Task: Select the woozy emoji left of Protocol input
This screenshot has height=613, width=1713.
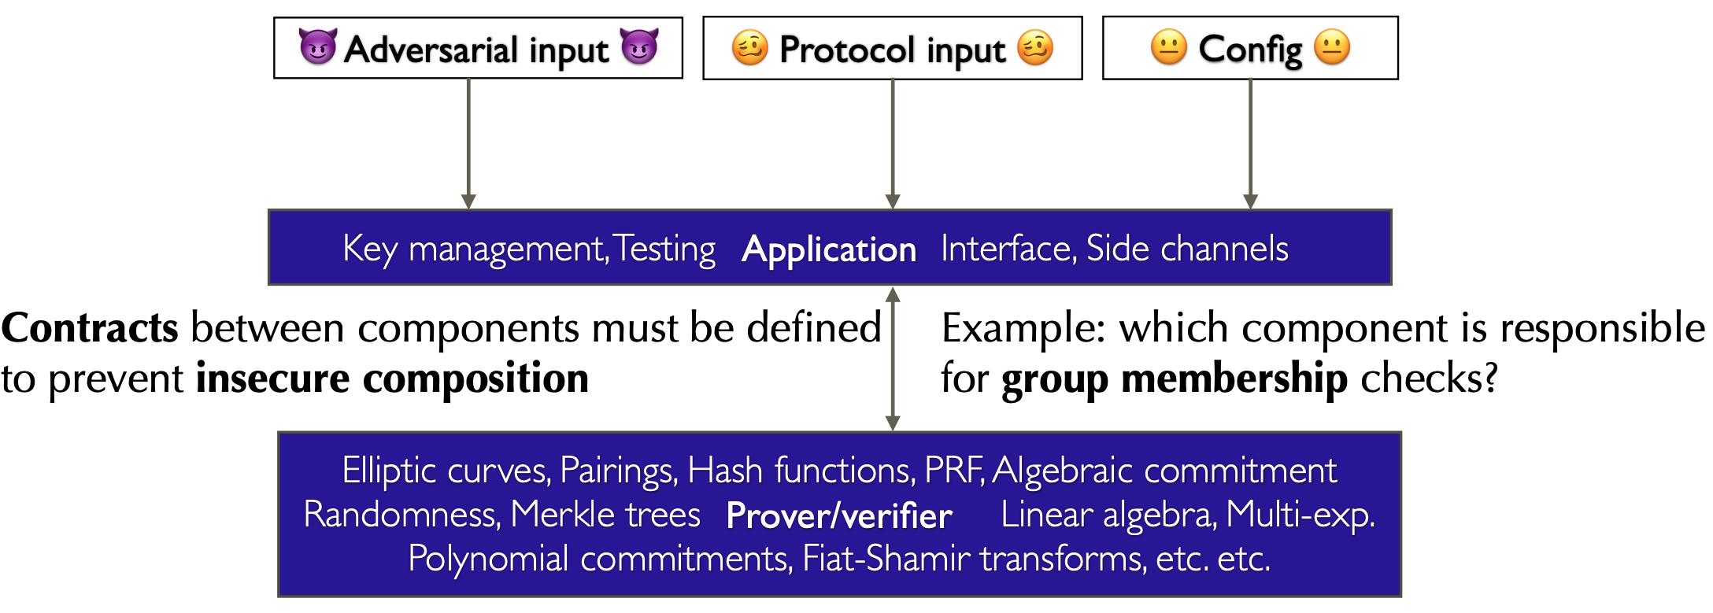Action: (749, 48)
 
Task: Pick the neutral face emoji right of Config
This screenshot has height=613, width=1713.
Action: (1332, 47)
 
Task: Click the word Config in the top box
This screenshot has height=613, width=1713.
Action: (1250, 50)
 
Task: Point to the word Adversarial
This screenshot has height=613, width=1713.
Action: (431, 49)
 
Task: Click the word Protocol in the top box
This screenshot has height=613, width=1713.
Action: (847, 49)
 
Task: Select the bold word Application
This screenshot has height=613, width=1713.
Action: (829, 251)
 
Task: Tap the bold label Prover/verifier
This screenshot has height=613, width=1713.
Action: (839, 516)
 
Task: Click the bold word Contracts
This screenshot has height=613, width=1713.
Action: (90, 327)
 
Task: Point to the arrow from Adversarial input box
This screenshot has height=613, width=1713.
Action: (468, 144)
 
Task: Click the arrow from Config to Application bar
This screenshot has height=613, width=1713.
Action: (1250, 144)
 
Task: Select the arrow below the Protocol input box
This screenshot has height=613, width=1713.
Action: (893, 144)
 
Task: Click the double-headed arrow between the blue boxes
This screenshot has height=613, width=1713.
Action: (893, 359)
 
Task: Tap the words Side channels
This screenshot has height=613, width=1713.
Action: (1187, 249)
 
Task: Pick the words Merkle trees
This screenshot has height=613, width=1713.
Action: (605, 515)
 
